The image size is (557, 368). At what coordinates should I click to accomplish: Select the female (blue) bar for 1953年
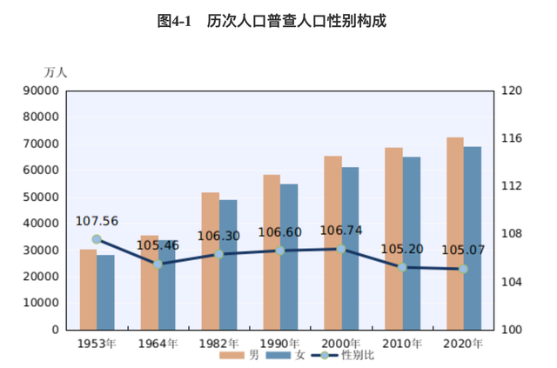click(x=105, y=292)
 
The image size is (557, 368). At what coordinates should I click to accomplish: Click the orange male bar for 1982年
click(x=211, y=261)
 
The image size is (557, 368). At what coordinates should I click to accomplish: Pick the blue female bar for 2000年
click(x=350, y=248)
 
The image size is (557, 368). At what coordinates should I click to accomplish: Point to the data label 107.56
click(x=97, y=221)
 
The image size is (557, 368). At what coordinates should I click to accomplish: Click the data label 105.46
click(x=158, y=246)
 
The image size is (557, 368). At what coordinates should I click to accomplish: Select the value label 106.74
click(x=341, y=231)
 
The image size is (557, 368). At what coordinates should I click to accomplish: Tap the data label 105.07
click(x=463, y=251)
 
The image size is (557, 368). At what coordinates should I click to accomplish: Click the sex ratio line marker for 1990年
click(x=280, y=251)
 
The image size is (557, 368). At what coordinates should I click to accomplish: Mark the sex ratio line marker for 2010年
click(x=402, y=267)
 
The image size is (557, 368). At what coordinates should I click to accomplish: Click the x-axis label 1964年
click(x=158, y=344)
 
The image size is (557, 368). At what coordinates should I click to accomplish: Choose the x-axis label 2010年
click(x=402, y=344)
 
